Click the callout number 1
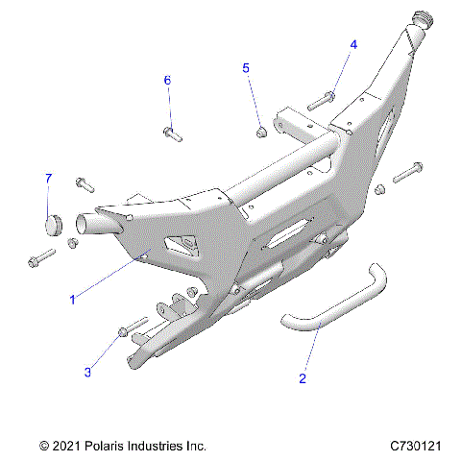point(72,300)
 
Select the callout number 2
point(303,378)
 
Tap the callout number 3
point(88,371)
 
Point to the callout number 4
point(352,45)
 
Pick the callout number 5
point(246,68)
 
